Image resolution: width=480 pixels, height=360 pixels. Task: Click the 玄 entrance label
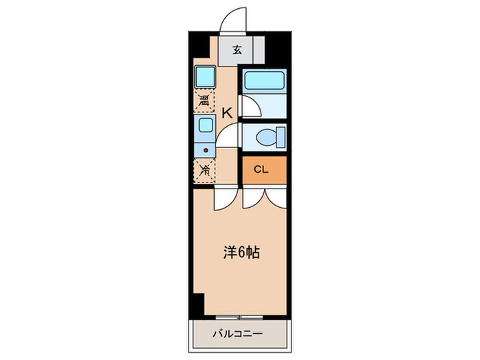pyautogui.click(x=237, y=50)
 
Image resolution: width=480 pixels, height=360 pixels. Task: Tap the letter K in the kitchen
pyautogui.click(x=226, y=112)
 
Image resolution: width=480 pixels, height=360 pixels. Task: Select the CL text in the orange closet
pyautogui.click(x=261, y=170)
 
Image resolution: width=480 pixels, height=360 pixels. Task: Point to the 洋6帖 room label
pyautogui.click(x=241, y=252)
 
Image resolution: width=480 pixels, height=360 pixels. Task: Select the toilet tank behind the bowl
pyautogui.click(x=280, y=136)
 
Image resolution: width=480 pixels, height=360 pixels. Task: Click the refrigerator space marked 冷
pyautogui.click(x=204, y=171)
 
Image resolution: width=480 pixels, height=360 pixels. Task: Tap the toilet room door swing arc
pyautogui.click(x=229, y=135)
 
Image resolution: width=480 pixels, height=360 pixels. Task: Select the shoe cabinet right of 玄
pyautogui.click(x=258, y=50)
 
